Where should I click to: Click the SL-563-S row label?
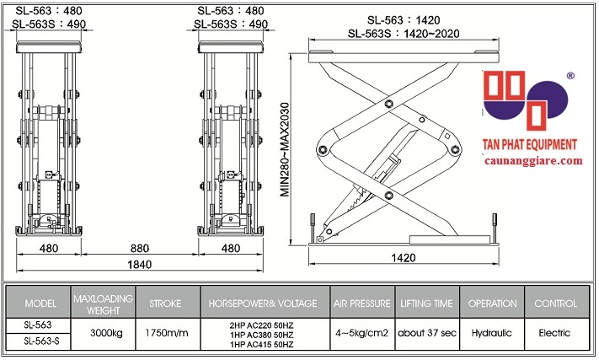pos(40,342)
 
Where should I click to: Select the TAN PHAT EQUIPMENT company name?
pos(528,145)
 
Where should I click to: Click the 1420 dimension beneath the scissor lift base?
pos(403,256)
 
